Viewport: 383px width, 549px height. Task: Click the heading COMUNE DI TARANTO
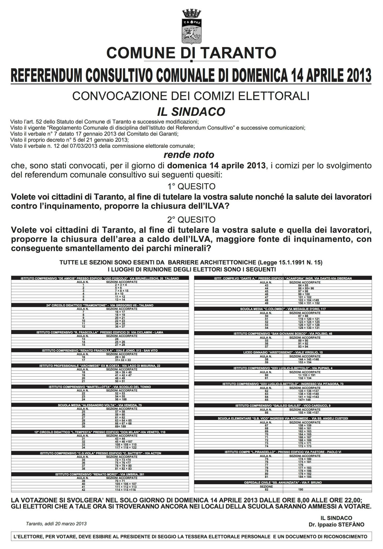coord(191,53)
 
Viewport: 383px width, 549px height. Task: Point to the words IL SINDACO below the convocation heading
coord(191,112)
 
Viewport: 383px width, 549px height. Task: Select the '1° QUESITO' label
coord(191,186)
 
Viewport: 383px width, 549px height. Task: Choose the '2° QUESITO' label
coord(191,220)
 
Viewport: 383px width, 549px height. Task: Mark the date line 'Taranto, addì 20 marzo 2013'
coord(56,524)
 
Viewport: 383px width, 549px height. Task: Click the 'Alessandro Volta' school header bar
coord(100,405)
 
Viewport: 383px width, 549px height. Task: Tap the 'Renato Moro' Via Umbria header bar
coord(100,474)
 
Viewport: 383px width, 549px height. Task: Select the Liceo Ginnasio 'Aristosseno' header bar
coord(283,352)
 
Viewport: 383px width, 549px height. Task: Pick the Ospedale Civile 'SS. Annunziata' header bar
coord(283,482)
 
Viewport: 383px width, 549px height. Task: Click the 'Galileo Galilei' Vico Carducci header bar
coord(283,406)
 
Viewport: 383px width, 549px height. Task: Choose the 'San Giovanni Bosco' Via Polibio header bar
coord(283,333)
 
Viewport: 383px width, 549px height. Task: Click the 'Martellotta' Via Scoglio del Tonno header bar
coord(100,387)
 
